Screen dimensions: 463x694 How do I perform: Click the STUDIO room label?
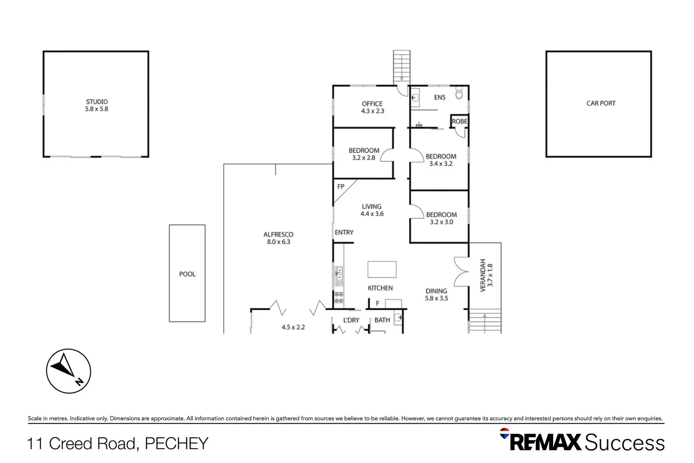[x=97, y=102]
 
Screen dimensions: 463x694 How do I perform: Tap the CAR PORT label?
[x=601, y=103]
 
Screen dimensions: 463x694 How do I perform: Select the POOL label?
[x=187, y=274]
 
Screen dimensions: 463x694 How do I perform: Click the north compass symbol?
[x=69, y=371]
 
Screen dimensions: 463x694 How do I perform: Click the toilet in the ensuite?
[x=459, y=94]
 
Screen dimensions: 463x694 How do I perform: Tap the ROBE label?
[x=459, y=121]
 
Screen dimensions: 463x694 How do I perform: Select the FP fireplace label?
[x=341, y=186]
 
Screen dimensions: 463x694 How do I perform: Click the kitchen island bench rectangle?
[x=382, y=270]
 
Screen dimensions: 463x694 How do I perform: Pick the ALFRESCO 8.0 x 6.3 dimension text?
[x=278, y=242]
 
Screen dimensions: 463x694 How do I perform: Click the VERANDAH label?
[x=483, y=275]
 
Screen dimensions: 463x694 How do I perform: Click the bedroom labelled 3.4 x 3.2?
[x=441, y=160]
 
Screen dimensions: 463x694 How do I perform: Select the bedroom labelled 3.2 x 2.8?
[x=364, y=154]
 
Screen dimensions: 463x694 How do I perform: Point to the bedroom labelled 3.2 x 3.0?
[x=441, y=218]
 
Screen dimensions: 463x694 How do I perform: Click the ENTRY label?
[x=344, y=232]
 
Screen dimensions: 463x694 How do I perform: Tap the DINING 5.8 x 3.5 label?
[x=436, y=295]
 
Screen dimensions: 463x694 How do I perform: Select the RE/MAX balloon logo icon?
[x=505, y=433]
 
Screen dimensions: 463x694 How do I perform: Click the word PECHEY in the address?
[x=176, y=444]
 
